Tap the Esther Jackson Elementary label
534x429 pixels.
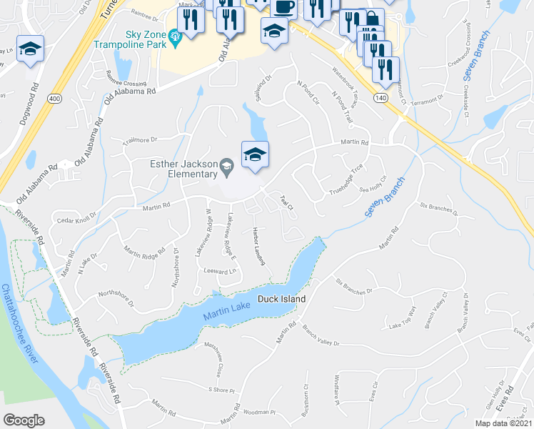(x=183, y=168)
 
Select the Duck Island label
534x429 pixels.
(x=281, y=299)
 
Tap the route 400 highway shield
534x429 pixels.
(x=54, y=97)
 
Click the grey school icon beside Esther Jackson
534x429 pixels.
(x=226, y=168)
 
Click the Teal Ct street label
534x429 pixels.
(x=287, y=202)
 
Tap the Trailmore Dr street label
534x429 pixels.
(x=141, y=140)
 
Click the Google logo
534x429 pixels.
(x=24, y=420)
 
